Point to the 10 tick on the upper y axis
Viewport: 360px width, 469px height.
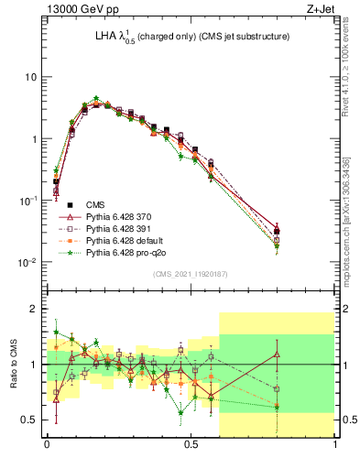pos(30,77)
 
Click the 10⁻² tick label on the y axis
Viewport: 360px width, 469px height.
pos(27,263)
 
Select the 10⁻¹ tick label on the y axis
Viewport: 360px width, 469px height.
pos(27,201)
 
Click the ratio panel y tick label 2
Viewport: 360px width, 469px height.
pos(34,310)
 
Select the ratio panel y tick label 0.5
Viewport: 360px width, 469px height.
pos(29,420)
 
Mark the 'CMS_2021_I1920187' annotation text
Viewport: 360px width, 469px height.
pos(191,274)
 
